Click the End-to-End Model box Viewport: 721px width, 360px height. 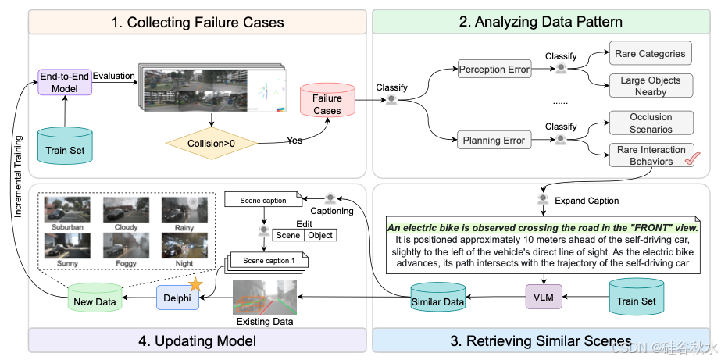click(65, 83)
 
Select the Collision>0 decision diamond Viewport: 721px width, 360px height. click(211, 143)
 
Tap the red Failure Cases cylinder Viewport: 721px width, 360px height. click(327, 103)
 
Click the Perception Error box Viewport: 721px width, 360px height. click(494, 70)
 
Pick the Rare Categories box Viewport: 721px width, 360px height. click(650, 54)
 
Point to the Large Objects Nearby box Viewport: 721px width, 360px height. click(650, 86)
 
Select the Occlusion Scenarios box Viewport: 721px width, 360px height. click(650, 123)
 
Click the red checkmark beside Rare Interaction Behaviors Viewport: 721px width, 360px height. click(690, 161)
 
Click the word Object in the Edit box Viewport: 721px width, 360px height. click(320, 235)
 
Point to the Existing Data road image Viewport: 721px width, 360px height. click(265, 298)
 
